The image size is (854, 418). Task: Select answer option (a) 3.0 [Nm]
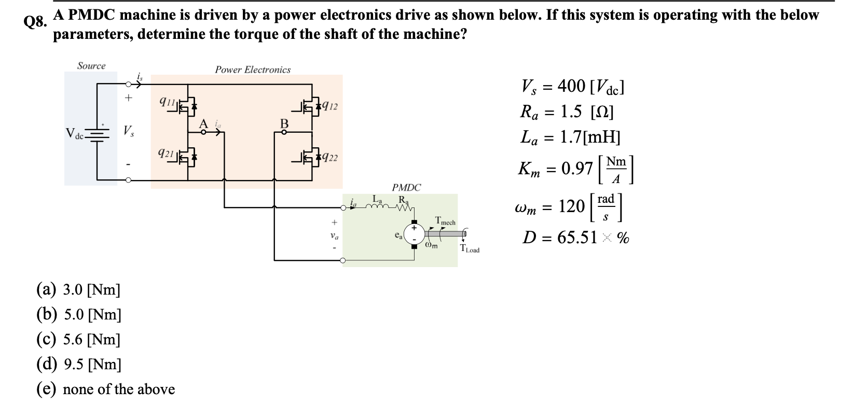[78, 289]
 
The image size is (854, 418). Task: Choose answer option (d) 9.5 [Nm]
[78, 365]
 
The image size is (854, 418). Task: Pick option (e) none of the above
[105, 389]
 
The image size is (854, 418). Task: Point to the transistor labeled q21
[188, 157]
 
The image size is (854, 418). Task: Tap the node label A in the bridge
[204, 123]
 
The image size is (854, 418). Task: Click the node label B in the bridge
[284, 123]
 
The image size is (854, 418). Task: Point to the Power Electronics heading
[253, 69]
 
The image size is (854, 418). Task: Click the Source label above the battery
[91, 66]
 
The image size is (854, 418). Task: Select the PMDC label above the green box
[406, 187]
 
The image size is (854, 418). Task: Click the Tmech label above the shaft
[445, 222]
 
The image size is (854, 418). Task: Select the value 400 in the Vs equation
[571, 86]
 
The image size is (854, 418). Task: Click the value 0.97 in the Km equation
[576, 168]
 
